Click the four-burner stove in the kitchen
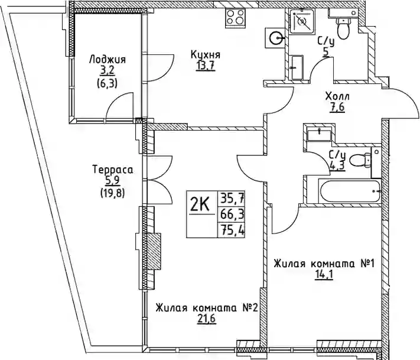tap(236, 18)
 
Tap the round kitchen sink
tap(275, 38)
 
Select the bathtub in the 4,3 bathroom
tap(350, 192)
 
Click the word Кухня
tap(206, 55)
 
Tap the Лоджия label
tap(108, 60)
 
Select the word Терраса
tap(113, 170)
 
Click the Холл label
tap(337, 96)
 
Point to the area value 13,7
tap(206, 66)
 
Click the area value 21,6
tap(206, 319)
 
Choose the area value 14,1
tap(324, 275)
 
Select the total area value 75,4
tap(232, 229)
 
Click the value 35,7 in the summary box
tap(232, 199)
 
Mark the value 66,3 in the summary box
tap(232, 214)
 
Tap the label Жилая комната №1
tap(324, 264)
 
